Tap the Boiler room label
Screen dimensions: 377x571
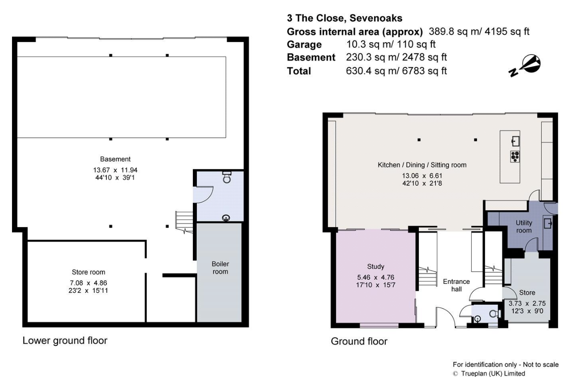(x=220, y=267)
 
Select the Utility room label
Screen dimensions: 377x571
(x=524, y=227)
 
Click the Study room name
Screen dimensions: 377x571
(x=375, y=267)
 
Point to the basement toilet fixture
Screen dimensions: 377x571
(x=227, y=177)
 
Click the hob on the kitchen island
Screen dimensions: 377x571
(x=515, y=156)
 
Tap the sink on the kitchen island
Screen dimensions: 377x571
(x=515, y=141)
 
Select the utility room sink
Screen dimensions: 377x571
(x=548, y=223)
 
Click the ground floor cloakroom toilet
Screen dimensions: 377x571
(x=494, y=313)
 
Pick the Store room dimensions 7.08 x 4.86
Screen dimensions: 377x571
(x=89, y=283)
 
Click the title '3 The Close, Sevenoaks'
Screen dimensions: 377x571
(x=345, y=19)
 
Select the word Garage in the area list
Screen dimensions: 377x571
(x=304, y=44)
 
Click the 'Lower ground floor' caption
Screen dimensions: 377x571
(x=65, y=341)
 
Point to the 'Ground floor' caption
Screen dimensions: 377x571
(x=359, y=342)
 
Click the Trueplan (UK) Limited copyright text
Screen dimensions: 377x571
(x=492, y=373)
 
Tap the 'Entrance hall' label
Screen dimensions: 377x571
(x=456, y=285)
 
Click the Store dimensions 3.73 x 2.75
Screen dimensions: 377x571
(x=527, y=304)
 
